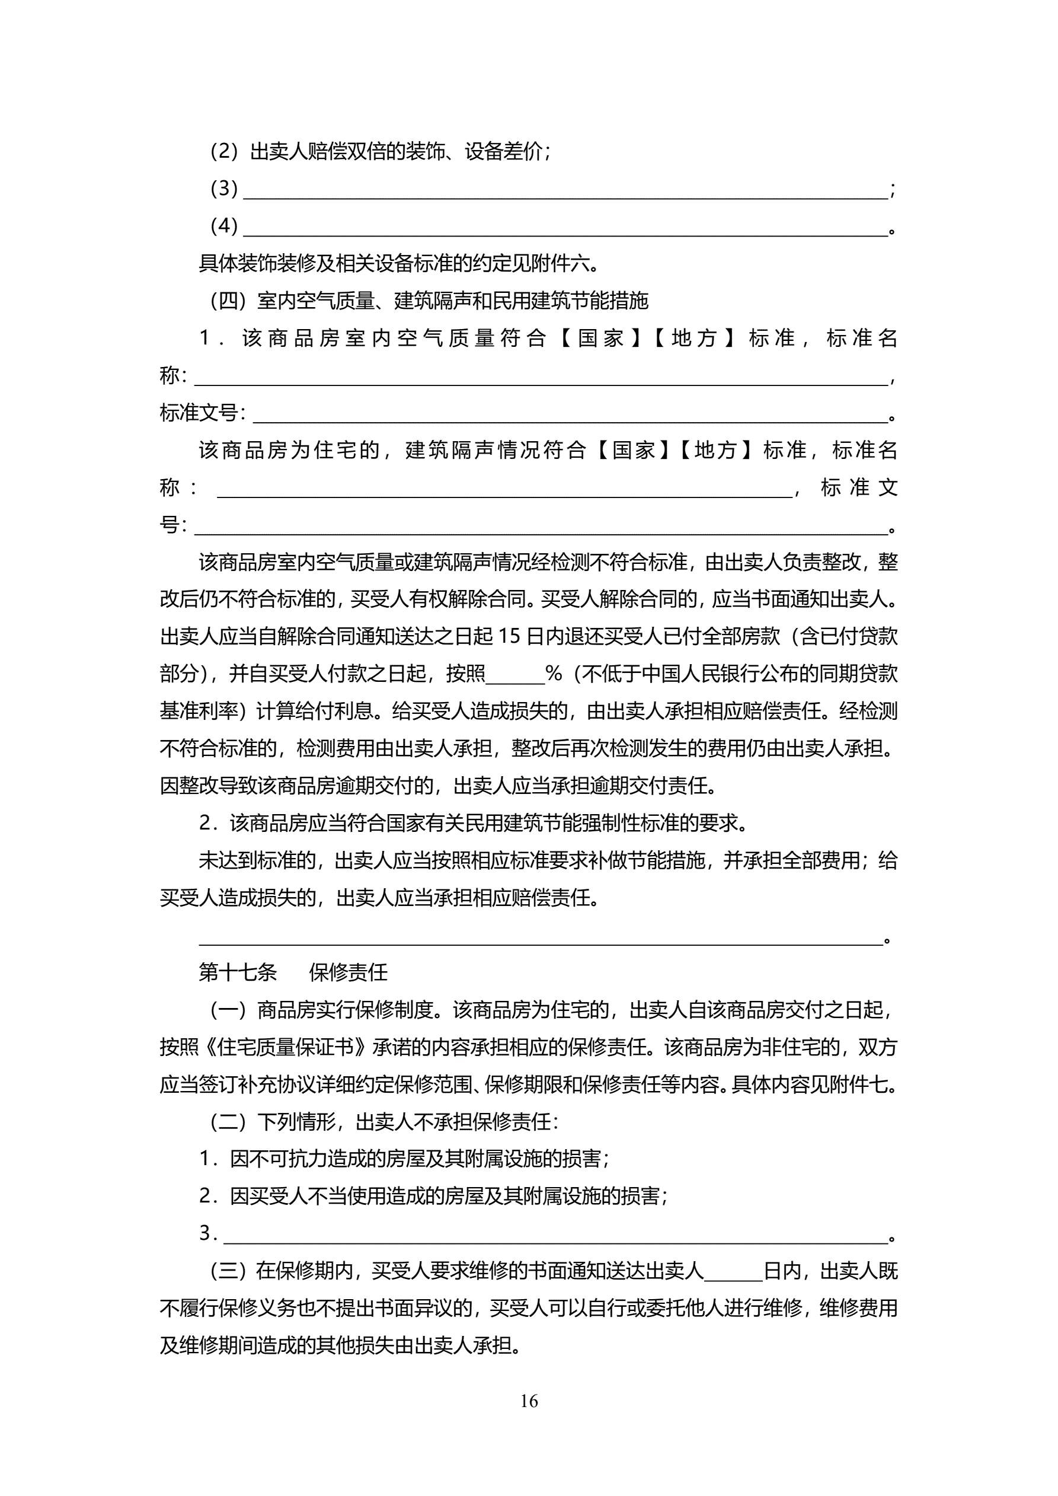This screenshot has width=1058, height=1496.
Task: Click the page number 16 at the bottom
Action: coord(528,1401)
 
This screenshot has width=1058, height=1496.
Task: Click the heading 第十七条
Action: coord(238,973)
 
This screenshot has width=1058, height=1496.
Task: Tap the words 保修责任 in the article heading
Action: coord(349,973)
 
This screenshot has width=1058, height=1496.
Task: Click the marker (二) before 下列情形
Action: coord(228,1122)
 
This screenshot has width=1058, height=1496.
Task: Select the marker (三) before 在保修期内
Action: coord(228,1271)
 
